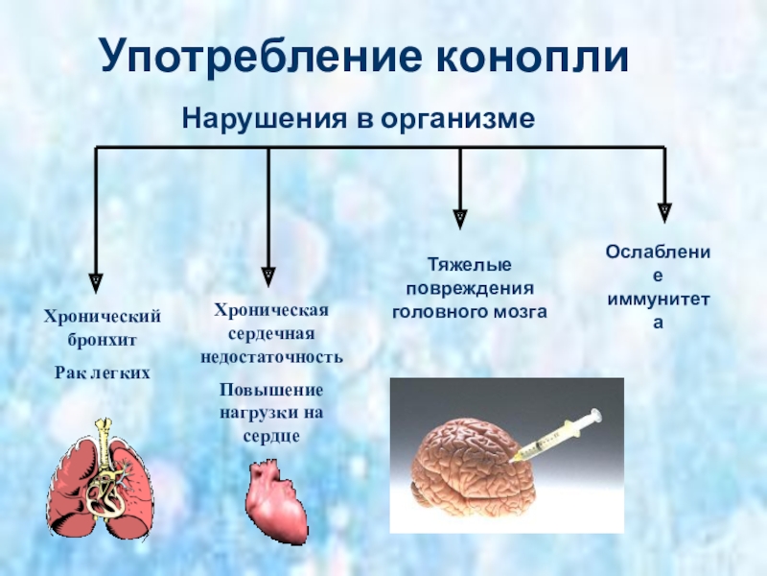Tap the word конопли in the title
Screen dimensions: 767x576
coord(534,58)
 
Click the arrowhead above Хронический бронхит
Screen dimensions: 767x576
coord(95,280)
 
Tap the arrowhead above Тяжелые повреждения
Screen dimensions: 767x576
coord(461,217)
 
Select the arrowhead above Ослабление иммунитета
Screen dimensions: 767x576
coord(664,211)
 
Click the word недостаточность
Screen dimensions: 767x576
coord(271,356)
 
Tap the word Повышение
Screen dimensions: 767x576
coord(271,390)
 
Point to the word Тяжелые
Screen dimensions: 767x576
coord(469,264)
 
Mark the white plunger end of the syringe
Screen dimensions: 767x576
coord(596,415)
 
